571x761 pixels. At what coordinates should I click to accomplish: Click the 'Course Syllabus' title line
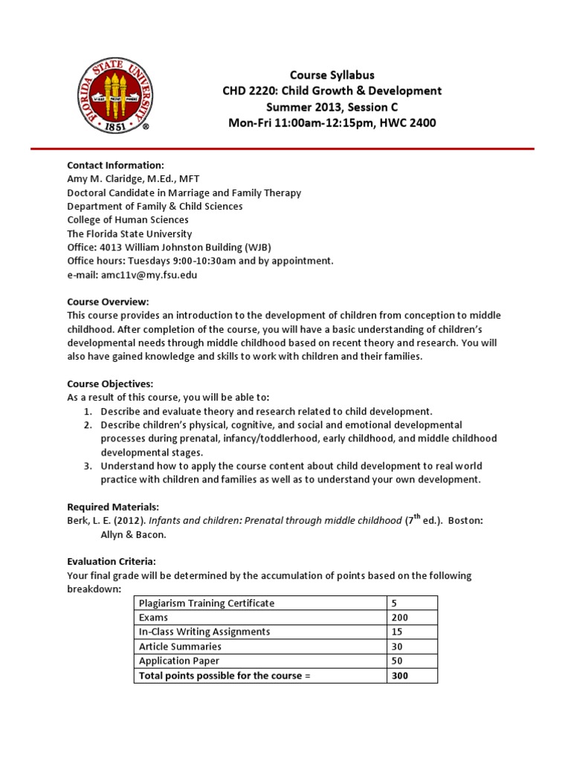(x=332, y=75)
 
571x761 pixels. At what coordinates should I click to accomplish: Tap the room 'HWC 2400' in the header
(x=407, y=123)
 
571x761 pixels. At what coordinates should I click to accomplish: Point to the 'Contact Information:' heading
(x=115, y=165)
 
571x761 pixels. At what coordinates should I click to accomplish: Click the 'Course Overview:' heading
(x=108, y=302)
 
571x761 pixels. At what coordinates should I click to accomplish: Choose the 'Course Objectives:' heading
(x=110, y=383)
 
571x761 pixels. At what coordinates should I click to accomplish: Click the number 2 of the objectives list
(x=87, y=425)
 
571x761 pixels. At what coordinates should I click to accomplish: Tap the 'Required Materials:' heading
(x=113, y=507)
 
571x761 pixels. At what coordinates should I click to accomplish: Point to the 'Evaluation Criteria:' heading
(x=112, y=562)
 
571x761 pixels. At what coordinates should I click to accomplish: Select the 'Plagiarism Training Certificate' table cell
(x=207, y=603)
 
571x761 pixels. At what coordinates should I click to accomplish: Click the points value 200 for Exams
(x=400, y=618)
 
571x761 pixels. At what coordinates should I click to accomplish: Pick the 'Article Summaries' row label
(x=180, y=647)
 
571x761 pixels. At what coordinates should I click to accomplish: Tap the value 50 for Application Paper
(x=397, y=661)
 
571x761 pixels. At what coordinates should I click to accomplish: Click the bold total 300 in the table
(x=400, y=676)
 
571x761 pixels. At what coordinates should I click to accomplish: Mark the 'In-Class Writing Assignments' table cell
(x=204, y=632)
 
